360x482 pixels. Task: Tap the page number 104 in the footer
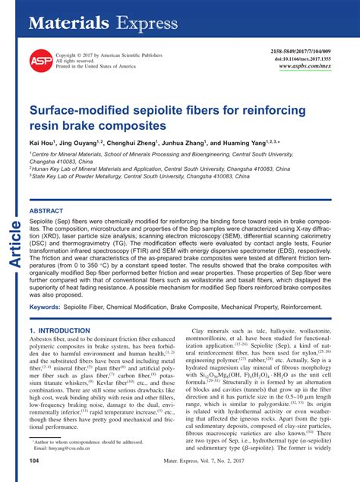click(x=34, y=460)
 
